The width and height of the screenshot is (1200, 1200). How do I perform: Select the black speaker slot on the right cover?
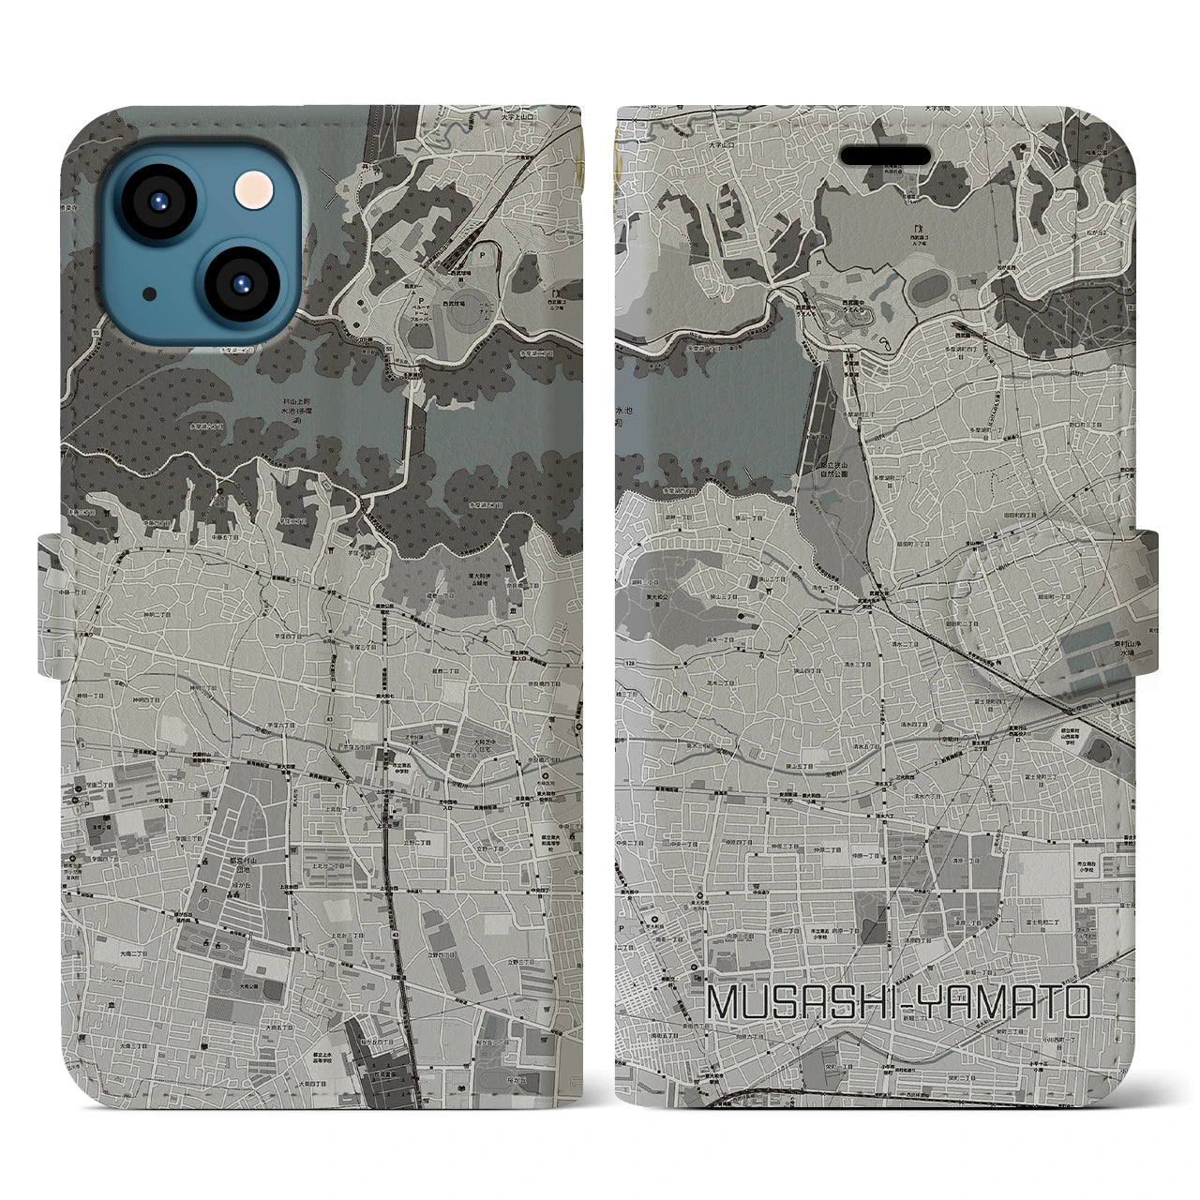point(886,155)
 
